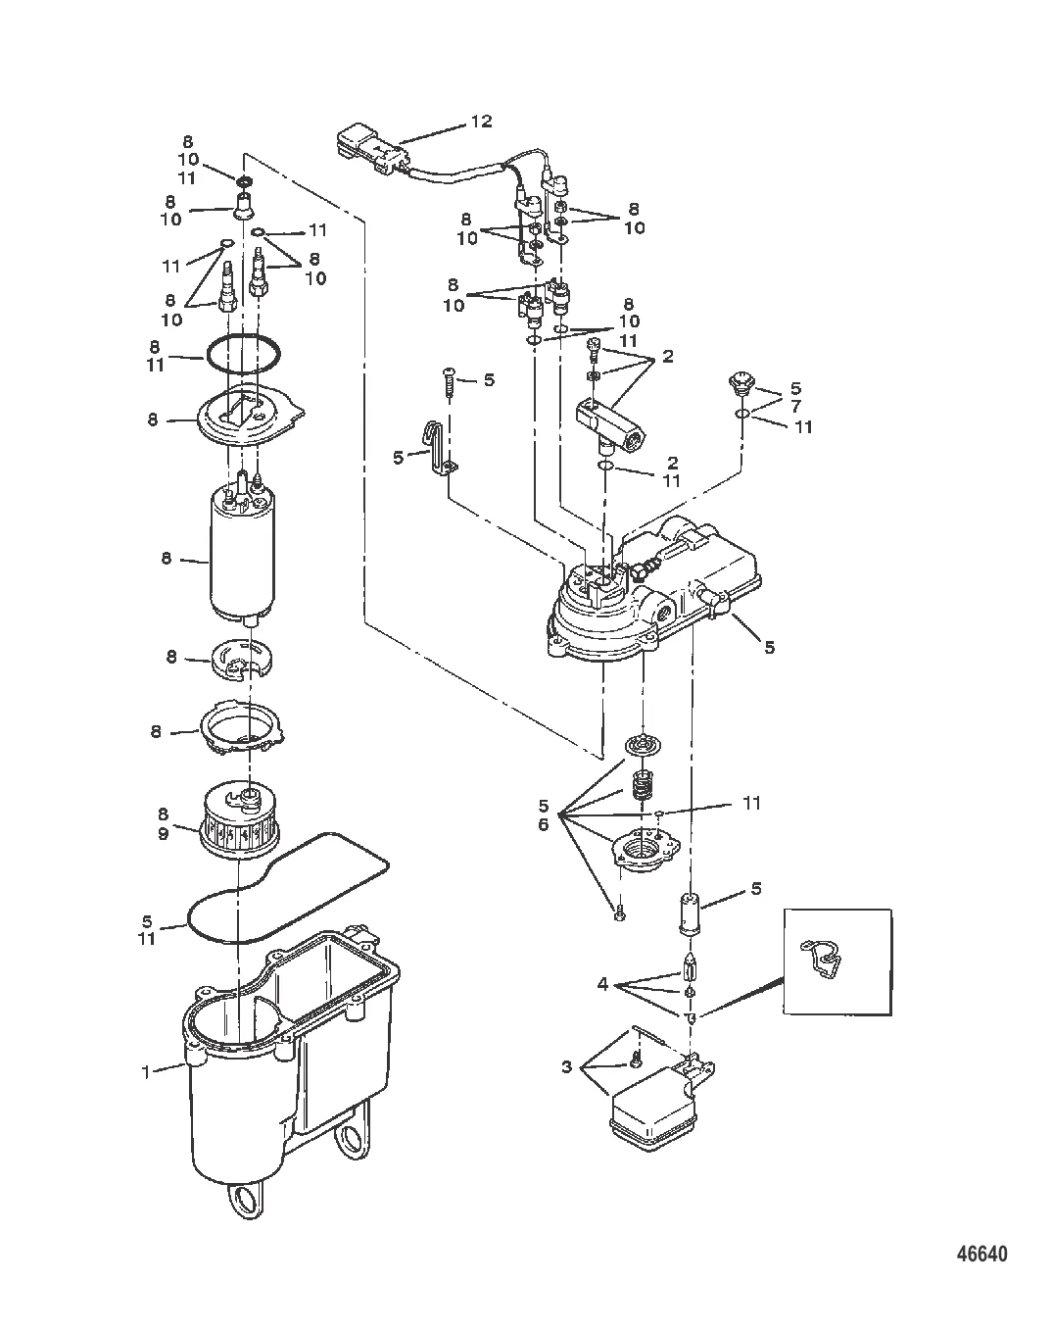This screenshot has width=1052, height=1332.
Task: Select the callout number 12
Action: (481, 122)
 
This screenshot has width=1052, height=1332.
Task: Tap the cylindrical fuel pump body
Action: (242, 553)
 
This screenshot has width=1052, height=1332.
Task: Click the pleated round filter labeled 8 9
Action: (240, 818)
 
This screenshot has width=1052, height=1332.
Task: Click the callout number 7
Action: (795, 407)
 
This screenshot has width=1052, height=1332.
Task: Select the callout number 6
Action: (544, 825)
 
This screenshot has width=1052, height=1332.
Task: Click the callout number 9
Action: (163, 834)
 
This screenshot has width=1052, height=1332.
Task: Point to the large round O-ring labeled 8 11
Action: (242, 354)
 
